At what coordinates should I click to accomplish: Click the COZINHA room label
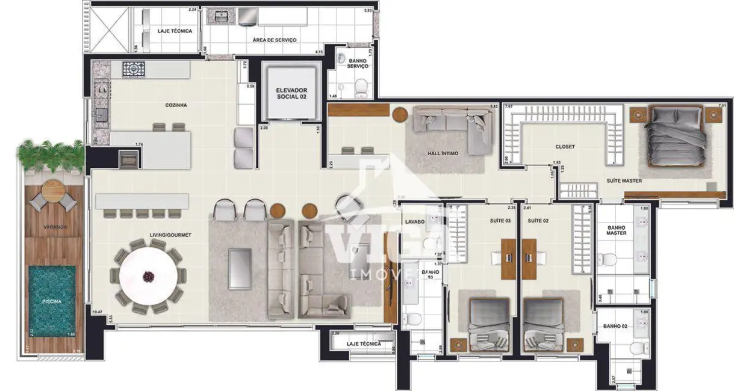click(176, 105)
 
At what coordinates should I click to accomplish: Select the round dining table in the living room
click(146, 276)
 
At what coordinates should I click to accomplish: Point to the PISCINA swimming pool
click(52, 301)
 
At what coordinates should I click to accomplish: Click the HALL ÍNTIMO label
click(443, 153)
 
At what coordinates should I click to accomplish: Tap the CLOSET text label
click(565, 146)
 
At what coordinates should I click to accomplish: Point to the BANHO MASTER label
click(617, 230)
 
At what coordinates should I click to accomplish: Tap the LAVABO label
click(415, 222)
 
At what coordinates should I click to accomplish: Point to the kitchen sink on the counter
click(101, 113)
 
